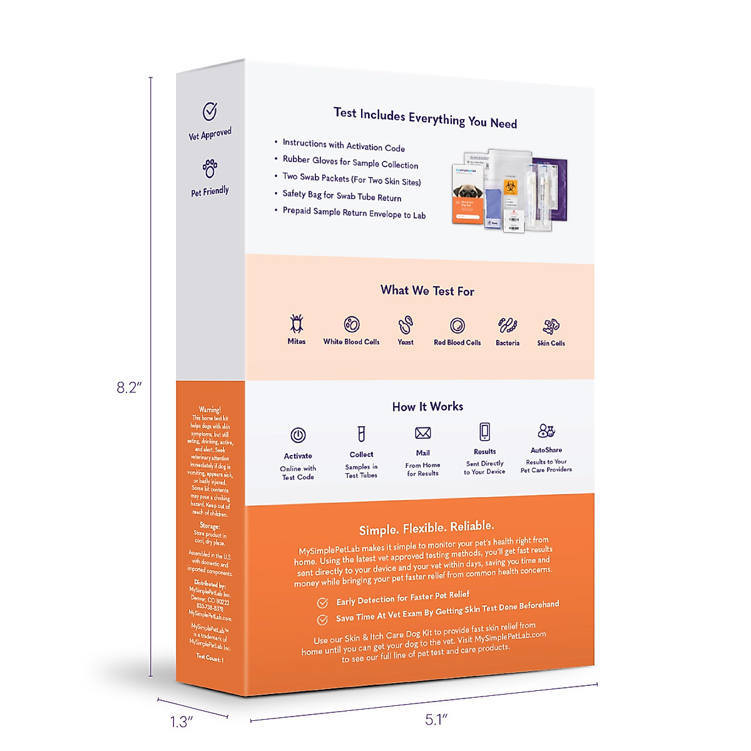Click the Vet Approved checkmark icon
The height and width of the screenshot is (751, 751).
coord(210,111)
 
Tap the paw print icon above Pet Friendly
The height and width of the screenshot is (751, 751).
coord(210,168)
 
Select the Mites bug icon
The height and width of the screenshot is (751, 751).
coord(297,324)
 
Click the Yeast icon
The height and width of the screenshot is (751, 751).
coord(406,325)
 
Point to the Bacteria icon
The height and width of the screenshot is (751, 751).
coord(508,325)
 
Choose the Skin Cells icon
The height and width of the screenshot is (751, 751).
coord(551,325)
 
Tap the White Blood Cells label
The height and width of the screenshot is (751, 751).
coord(351,342)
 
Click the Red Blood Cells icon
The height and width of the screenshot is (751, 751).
coord(457,325)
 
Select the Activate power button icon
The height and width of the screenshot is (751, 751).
coord(298,435)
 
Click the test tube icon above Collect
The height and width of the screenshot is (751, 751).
coord(361,433)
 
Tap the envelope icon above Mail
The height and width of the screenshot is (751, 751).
coord(423,433)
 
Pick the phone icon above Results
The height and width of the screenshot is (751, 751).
coord(484,432)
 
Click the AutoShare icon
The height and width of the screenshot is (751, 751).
coord(546,431)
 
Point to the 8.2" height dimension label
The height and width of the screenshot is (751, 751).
coord(129,387)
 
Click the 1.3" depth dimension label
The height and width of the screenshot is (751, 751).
coord(181,722)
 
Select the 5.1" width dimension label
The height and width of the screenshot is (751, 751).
coord(436,720)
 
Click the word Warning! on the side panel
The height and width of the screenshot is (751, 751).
coord(210,410)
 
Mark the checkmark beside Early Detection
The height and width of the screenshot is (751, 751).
coord(322,603)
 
